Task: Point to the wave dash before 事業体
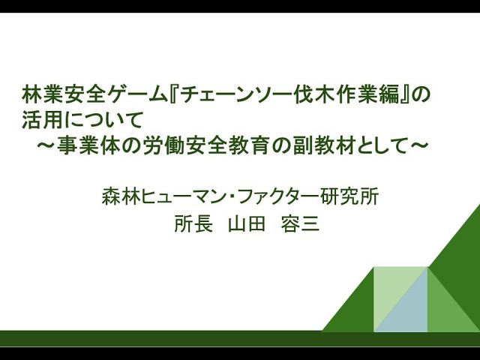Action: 51,145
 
